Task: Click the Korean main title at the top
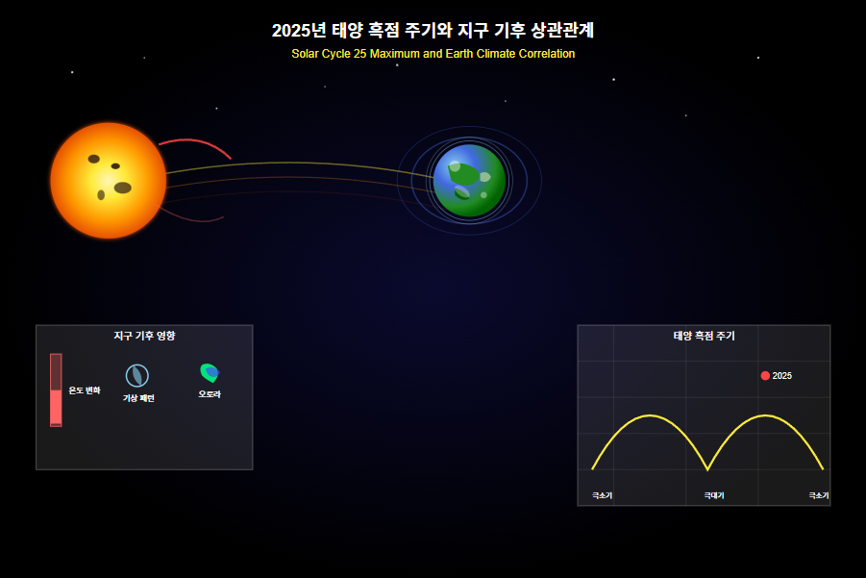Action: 433,30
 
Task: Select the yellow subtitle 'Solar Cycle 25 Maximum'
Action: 356,54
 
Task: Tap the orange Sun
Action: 109,181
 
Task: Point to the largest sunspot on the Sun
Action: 123,188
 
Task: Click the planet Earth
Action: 469,181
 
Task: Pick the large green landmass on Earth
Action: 463,175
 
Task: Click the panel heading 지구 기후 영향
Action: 144,336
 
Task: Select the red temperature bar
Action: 56,390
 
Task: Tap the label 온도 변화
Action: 85,390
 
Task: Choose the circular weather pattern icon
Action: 137,376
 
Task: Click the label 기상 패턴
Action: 138,398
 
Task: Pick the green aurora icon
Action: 209,373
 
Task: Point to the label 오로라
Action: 210,394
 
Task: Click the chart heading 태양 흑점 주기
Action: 705,336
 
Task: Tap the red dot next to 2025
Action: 765,376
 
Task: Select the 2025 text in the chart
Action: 782,376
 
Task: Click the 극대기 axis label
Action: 714,495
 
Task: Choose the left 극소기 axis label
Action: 602,495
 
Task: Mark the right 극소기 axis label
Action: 819,495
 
